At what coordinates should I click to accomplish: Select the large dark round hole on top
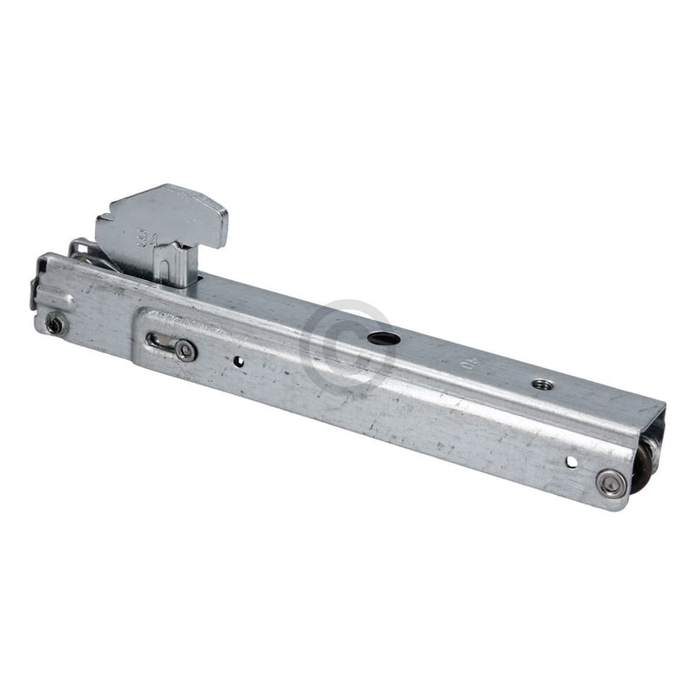(379, 337)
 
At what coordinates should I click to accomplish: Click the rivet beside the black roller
(611, 484)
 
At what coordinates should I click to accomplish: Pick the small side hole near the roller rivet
(571, 460)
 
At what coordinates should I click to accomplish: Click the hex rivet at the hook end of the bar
(56, 324)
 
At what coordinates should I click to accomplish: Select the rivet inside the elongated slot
(184, 350)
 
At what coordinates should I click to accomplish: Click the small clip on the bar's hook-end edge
(35, 293)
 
